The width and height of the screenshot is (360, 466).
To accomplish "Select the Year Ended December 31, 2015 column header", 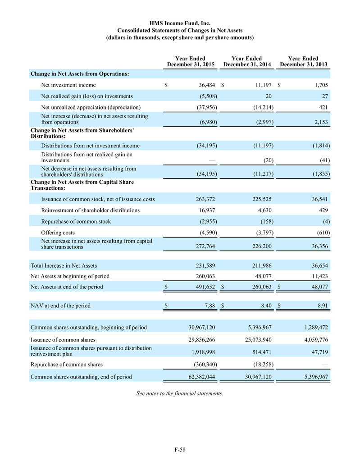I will point(190,62).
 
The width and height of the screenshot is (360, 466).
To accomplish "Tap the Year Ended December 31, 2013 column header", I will point(303,62).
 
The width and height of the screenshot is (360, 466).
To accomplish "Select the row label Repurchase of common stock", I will point(76,221).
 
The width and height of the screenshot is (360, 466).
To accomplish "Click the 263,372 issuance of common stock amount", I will point(204,199).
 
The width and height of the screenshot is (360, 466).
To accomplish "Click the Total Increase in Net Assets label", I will point(64,265).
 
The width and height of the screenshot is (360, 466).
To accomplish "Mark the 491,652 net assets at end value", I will point(204,287).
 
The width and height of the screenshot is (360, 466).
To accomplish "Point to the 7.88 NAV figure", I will point(209,306).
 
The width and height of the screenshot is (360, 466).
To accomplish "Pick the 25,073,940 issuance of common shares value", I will point(252,339).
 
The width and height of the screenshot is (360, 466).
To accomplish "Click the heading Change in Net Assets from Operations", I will point(80,73).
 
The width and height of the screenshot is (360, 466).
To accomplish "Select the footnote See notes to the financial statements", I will point(180,393).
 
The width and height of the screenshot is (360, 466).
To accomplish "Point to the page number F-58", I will point(180,449).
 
